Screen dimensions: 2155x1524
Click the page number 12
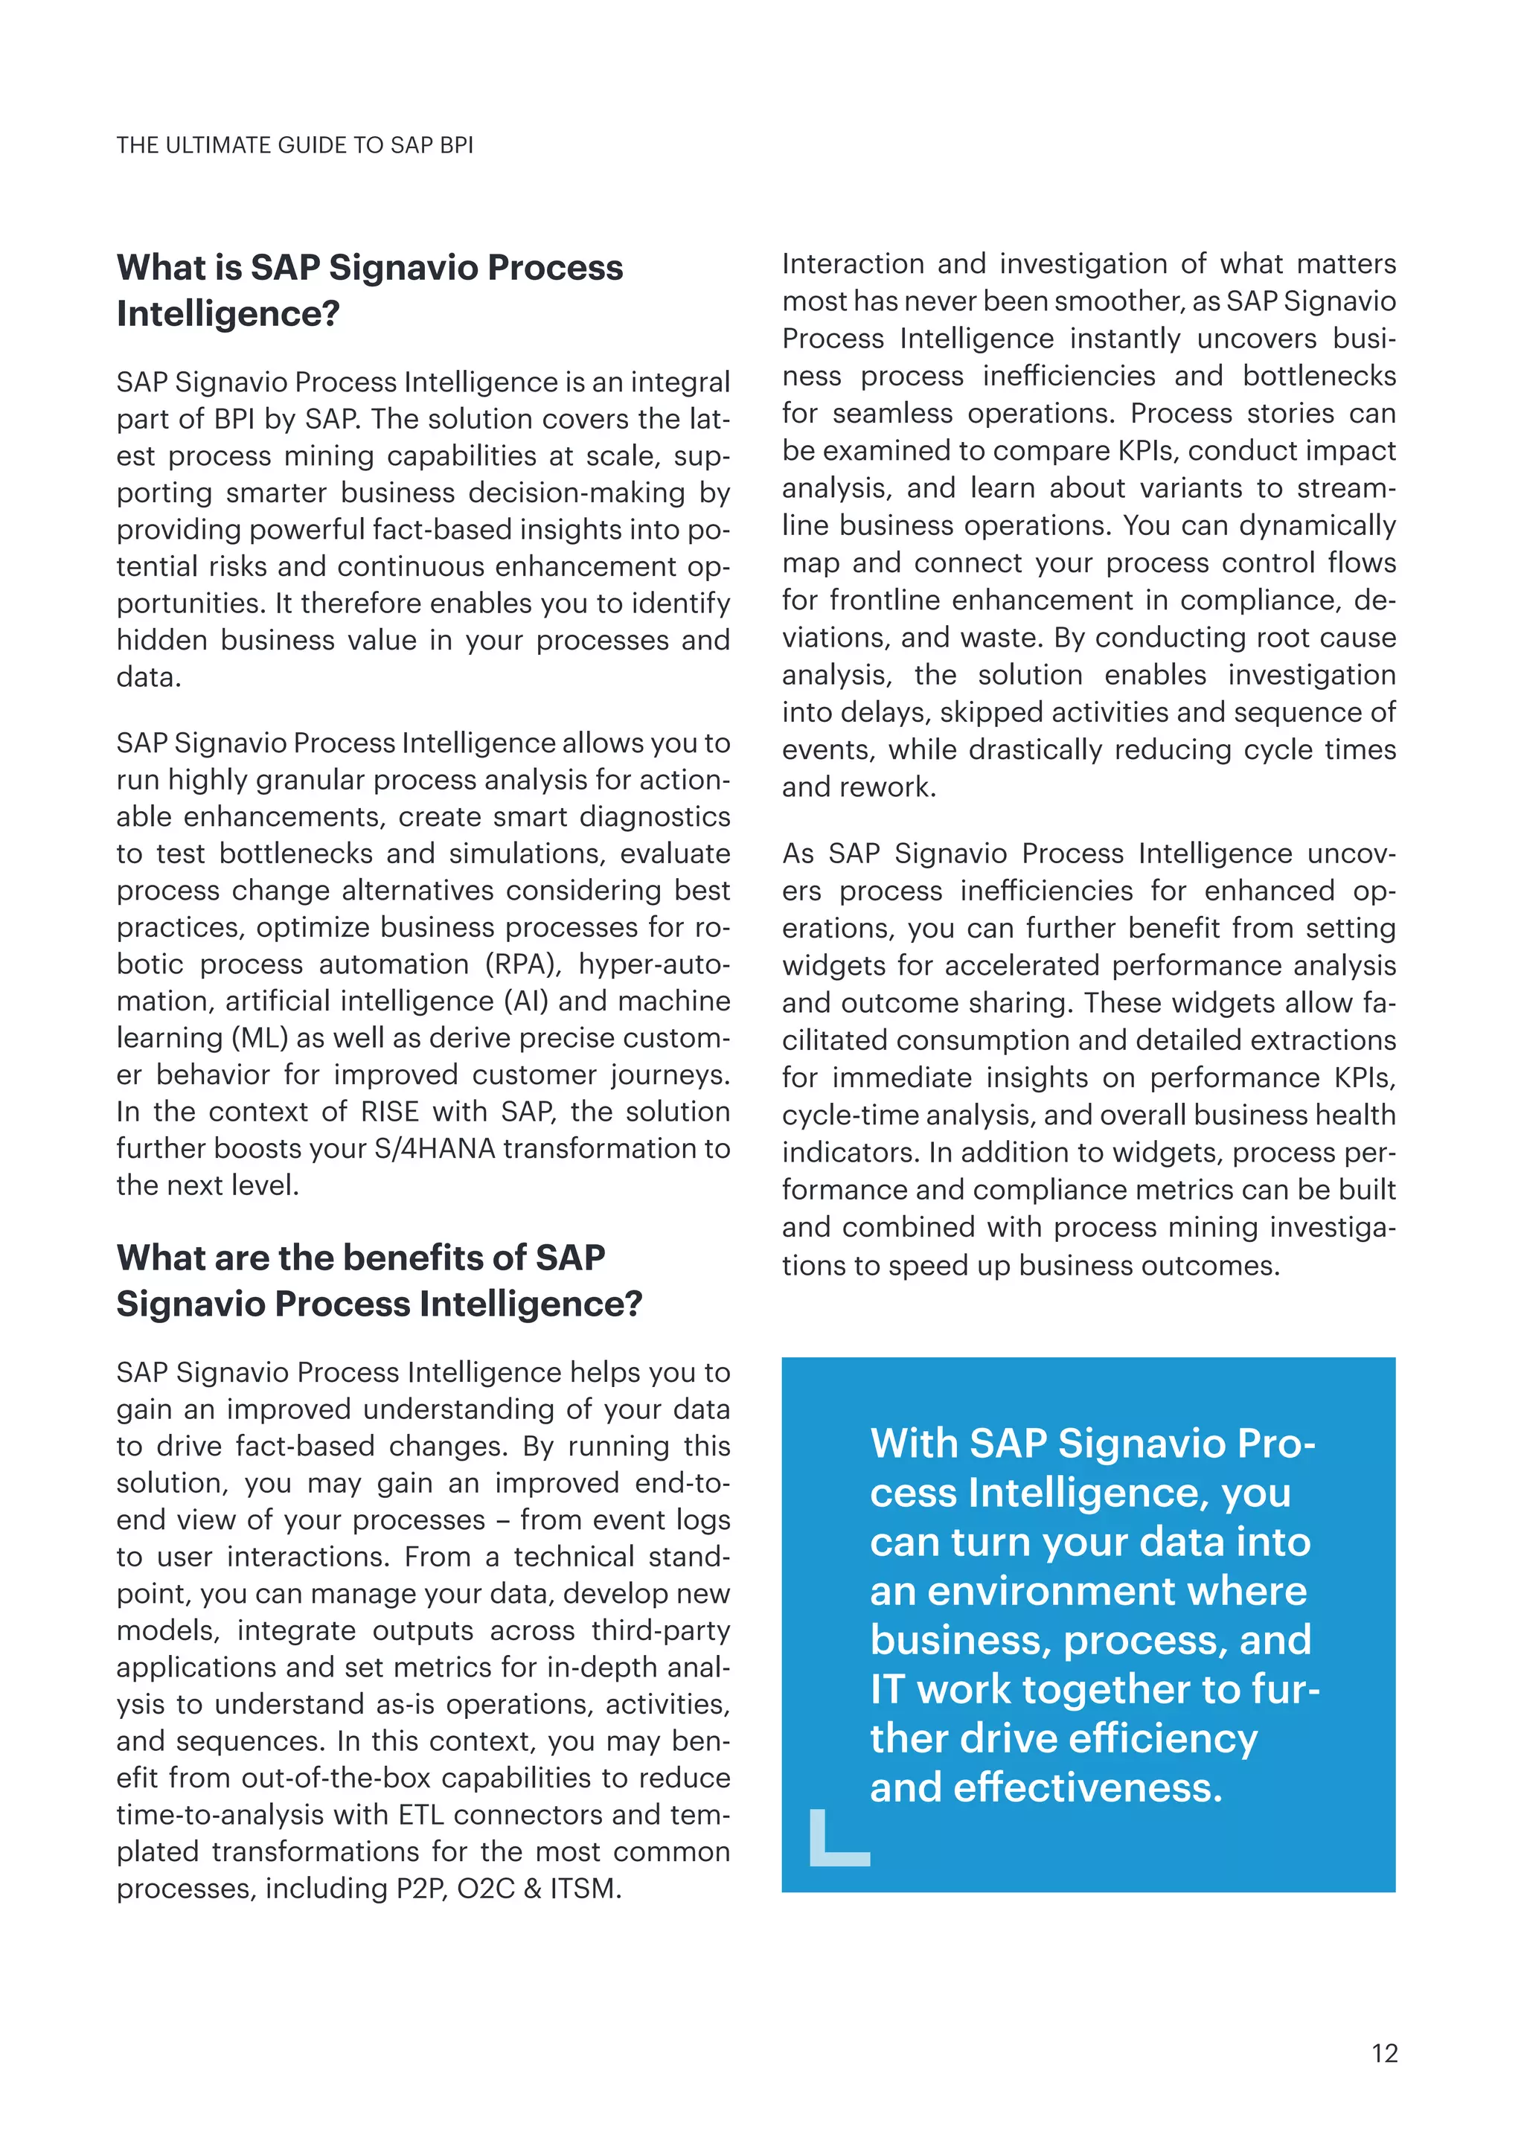(x=1384, y=2053)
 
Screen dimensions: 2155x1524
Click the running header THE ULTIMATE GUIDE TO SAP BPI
(x=295, y=146)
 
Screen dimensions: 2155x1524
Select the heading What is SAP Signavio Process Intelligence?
(x=370, y=290)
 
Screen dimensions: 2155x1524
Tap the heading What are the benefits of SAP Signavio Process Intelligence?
(x=379, y=1280)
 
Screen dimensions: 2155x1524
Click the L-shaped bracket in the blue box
(x=837, y=1839)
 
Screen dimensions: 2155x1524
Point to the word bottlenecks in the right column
(x=1319, y=376)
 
